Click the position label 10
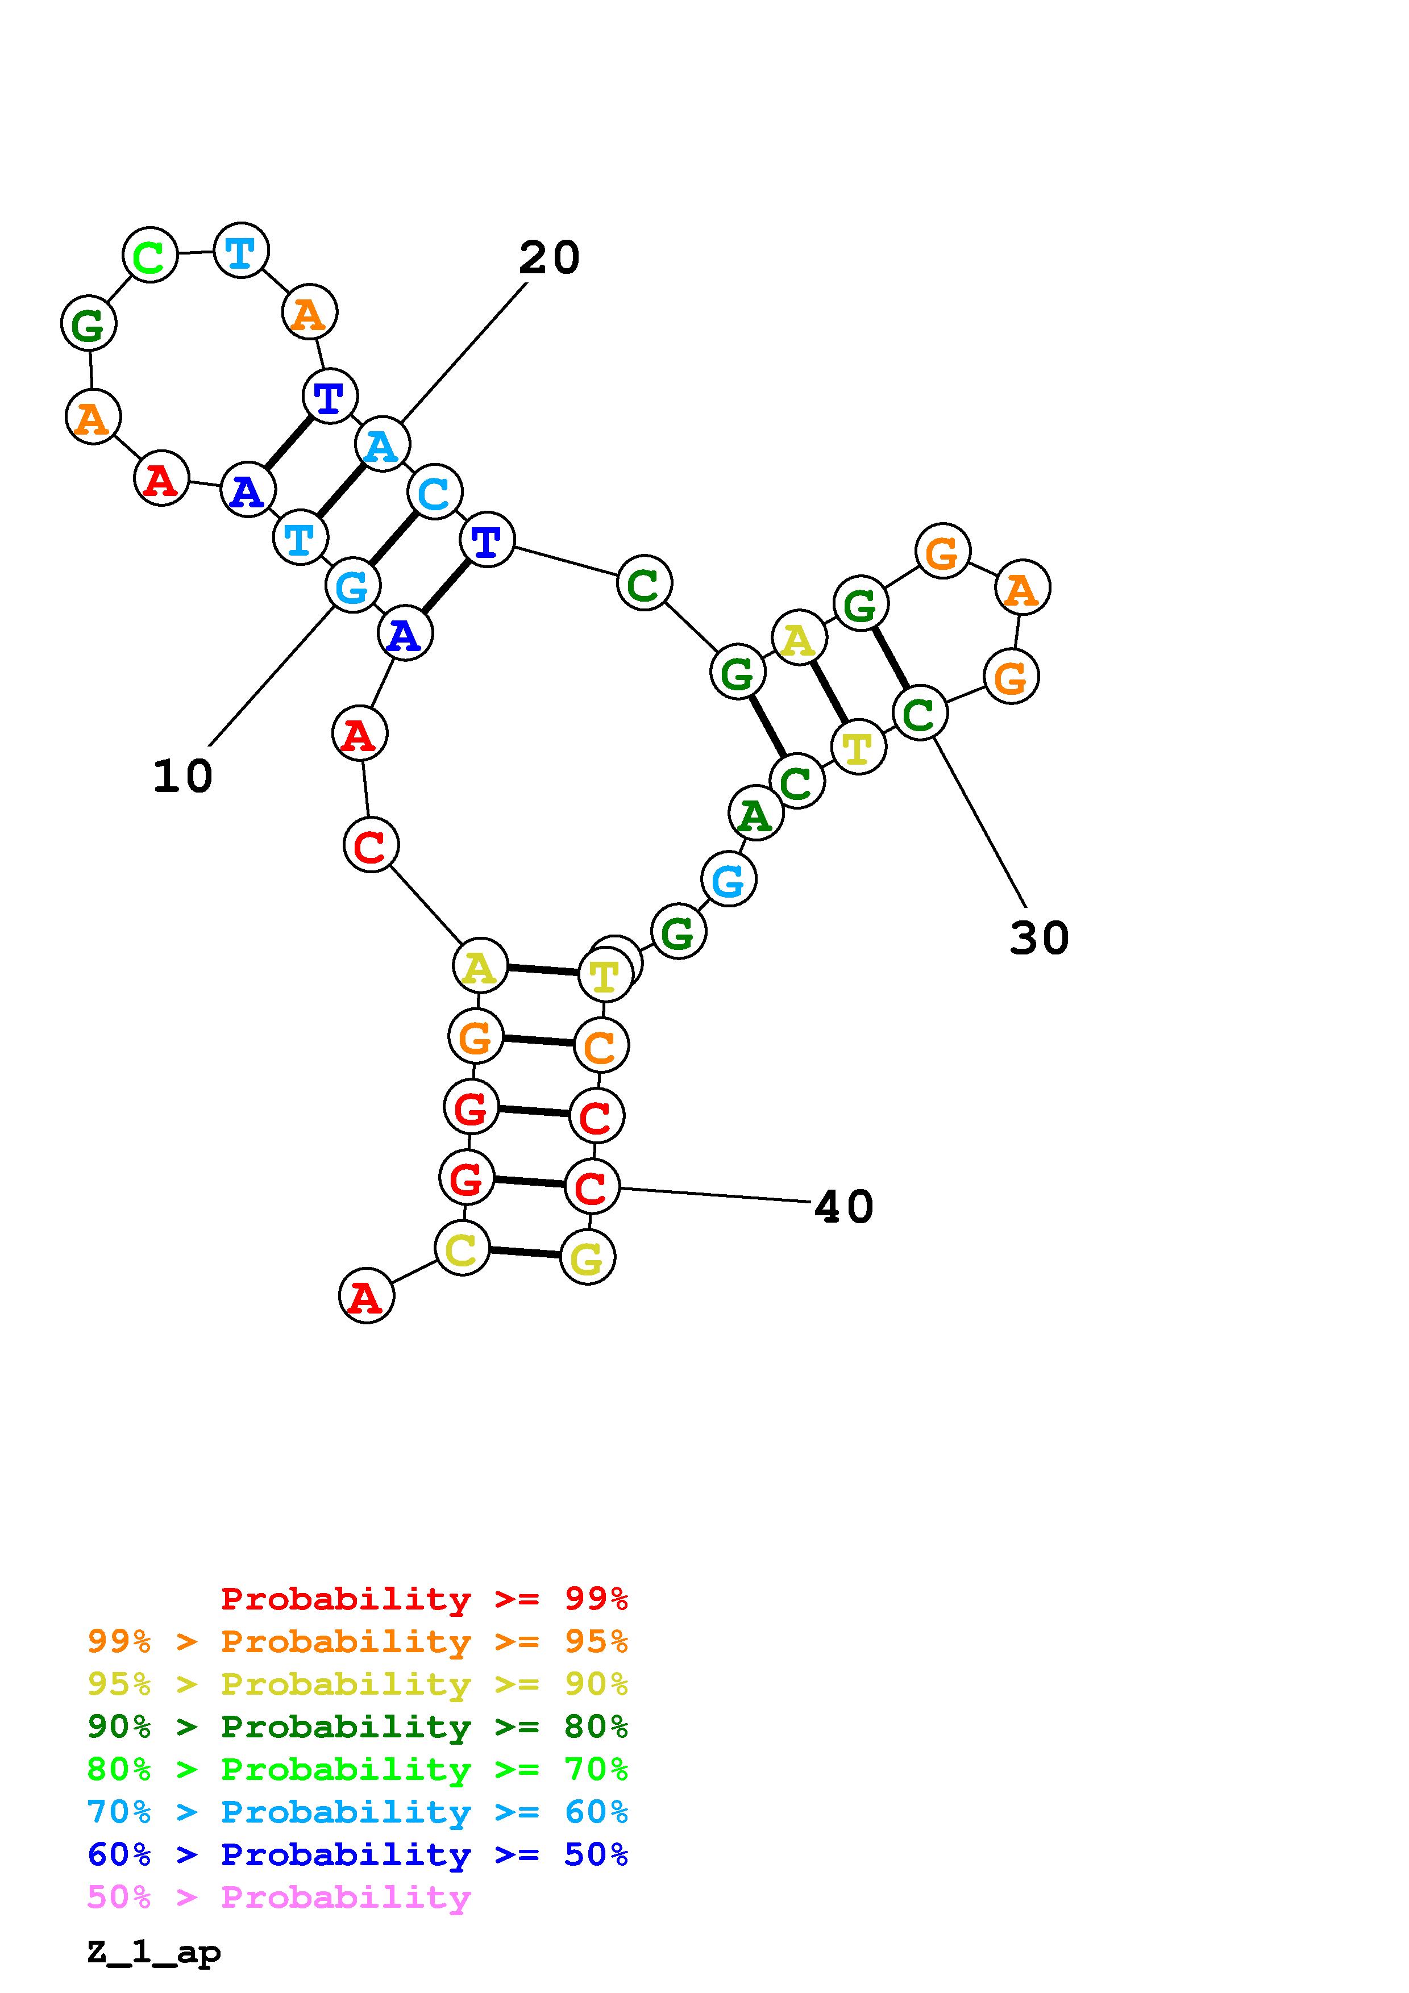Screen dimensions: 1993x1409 point(182,776)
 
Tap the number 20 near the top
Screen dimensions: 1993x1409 point(548,258)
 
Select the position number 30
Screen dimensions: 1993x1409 point(1038,939)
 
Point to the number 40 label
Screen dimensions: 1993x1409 point(843,1207)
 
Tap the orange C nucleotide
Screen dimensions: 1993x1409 point(601,1046)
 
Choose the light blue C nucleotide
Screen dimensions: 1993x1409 point(434,492)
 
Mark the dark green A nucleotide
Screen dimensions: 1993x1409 point(755,814)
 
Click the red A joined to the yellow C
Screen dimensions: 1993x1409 point(365,1297)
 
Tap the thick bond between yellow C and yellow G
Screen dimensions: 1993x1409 point(525,1253)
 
